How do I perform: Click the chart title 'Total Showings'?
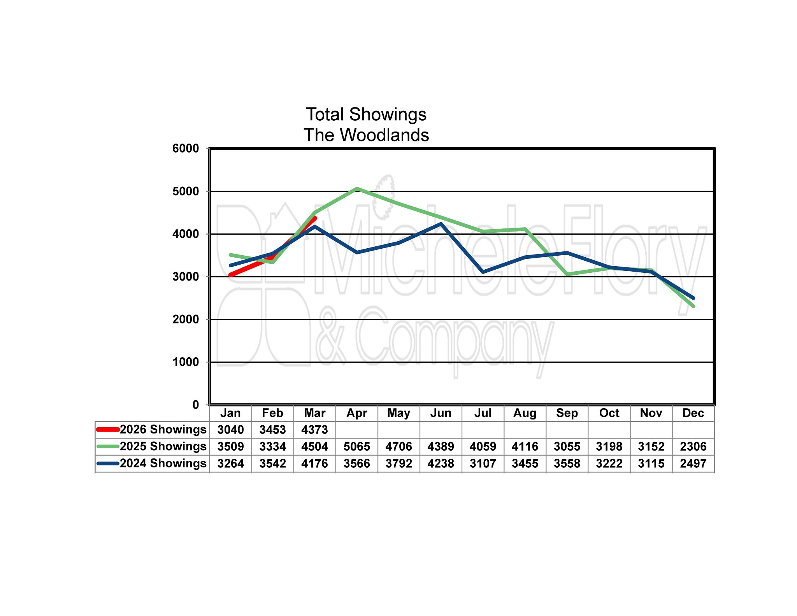(366, 114)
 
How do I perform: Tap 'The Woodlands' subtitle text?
(366, 135)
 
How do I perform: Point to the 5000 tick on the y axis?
(186, 191)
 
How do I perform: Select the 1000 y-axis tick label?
(186, 362)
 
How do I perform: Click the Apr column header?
(356, 413)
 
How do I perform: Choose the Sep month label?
(567, 413)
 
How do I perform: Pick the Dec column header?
(693, 413)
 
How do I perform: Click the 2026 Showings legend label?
(163, 429)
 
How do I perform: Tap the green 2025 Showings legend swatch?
(108, 446)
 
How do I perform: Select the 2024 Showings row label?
(163, 463)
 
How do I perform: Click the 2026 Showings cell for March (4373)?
(314, 430)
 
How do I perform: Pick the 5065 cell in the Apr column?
(356, 446)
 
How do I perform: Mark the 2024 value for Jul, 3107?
(483, 463)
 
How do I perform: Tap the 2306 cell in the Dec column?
(693, 446)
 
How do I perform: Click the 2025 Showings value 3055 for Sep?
(567, 446)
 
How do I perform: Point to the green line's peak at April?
(357, 189)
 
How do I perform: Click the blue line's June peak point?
(441, 224)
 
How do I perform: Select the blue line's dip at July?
(483, 272)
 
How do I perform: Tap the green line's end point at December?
(693, 306)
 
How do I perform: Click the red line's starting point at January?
(231, 275)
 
